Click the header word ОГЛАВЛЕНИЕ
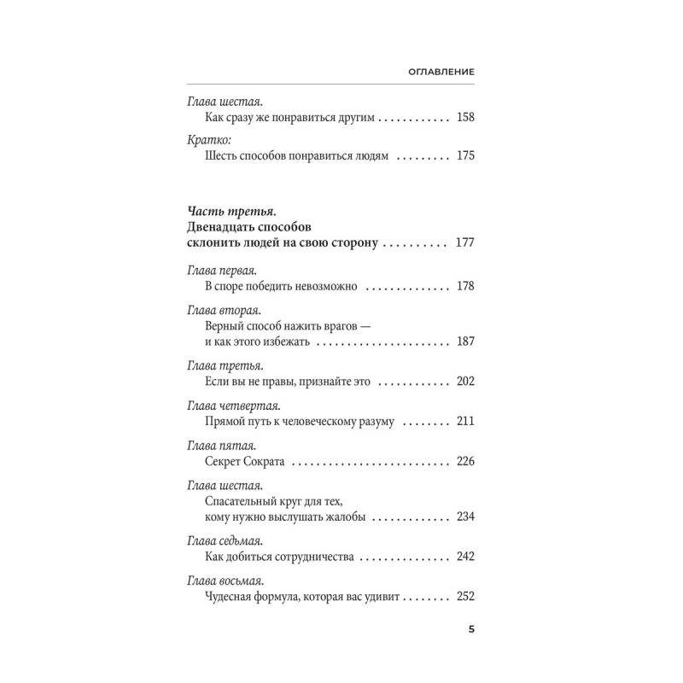click(441, 73)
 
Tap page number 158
click(465, 116)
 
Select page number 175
click(465, 156)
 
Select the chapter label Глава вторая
click(221, 311)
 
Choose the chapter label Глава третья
click(221, 366)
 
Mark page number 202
click(465, 382)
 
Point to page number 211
click(465, 423)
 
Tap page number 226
click(465, 463)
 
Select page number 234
click(465, 518)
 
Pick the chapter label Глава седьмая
click(224, 541)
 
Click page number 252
click(465, 598)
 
